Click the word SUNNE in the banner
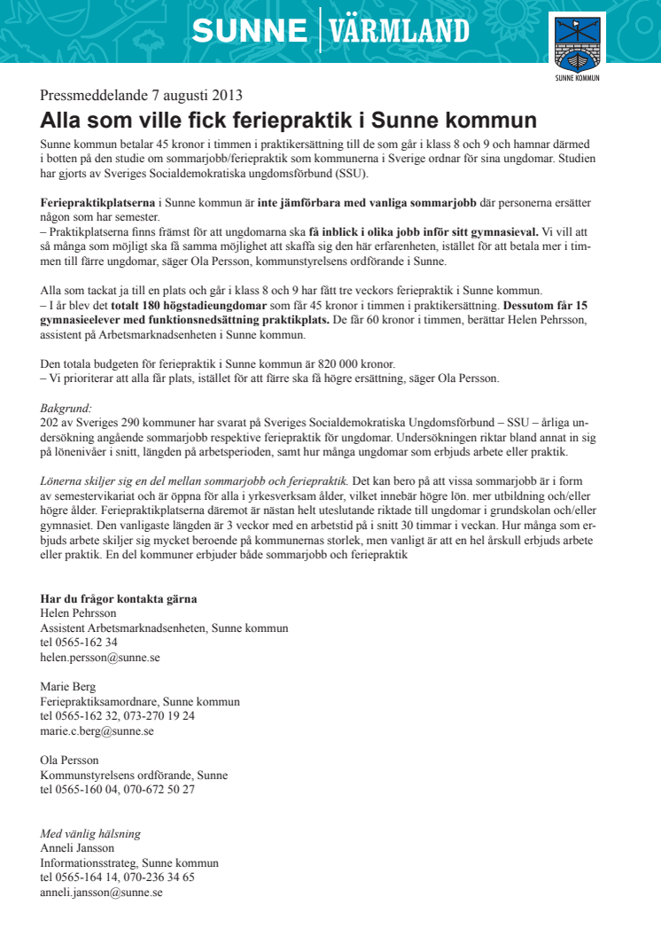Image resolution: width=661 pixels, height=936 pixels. point(249,32)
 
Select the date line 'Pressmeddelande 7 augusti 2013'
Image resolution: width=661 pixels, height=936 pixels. point(141,96)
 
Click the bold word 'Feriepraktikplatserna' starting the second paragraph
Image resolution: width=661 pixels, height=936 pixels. point(91,203)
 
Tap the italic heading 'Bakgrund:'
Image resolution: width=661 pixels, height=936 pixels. point(66,409)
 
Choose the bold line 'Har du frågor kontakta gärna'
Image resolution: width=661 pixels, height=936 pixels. point(119,599)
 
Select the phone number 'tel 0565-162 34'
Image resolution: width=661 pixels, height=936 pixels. point(79,643)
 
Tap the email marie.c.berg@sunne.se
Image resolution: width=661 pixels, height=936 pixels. point(97,731)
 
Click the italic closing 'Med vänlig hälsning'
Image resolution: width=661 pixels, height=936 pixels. point(90,834)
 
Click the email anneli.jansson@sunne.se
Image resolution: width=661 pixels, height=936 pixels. point(101,893)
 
